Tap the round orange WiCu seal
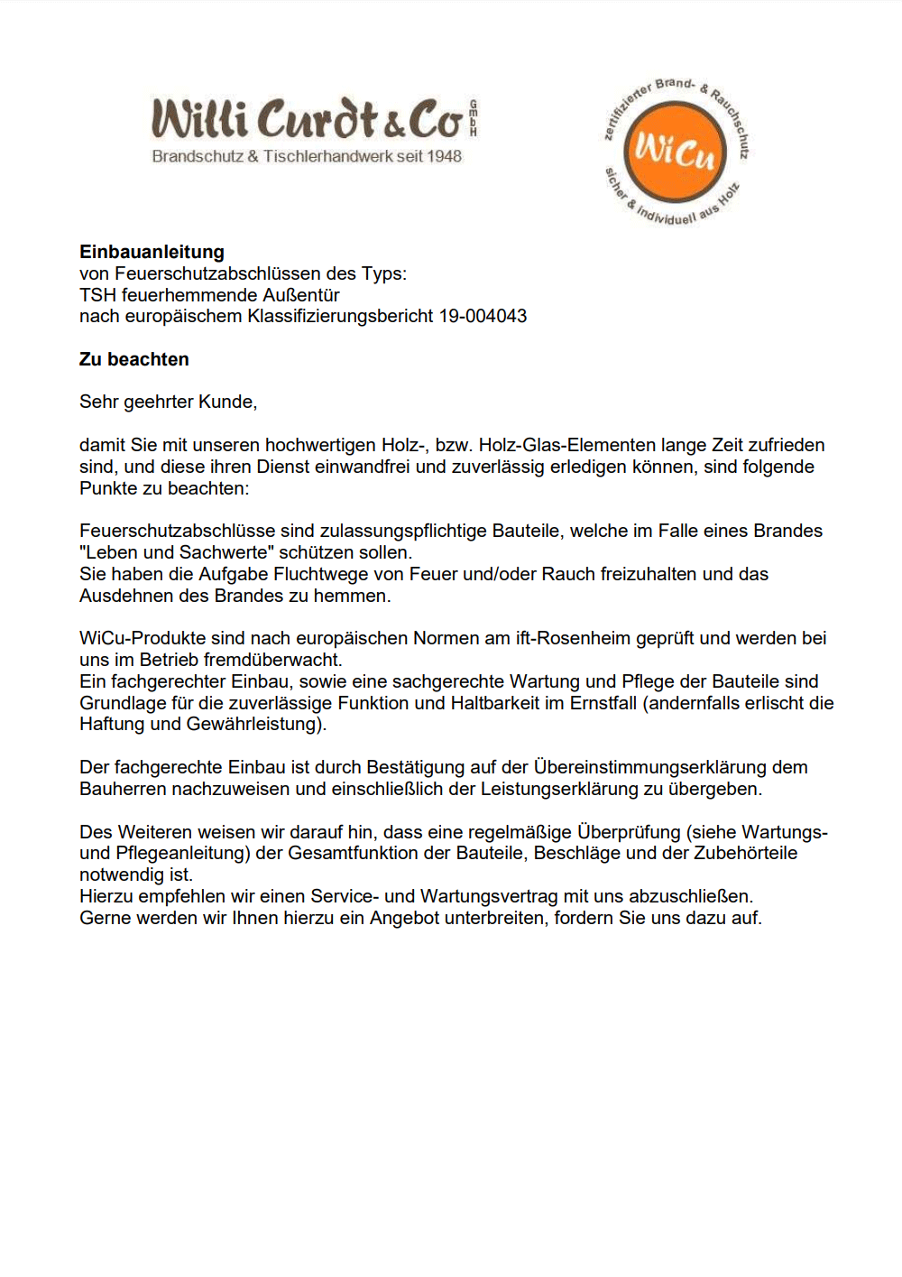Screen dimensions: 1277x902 [x=675, y=152]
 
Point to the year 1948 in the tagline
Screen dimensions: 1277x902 [x=444, y=156]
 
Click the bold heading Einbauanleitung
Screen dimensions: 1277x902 [x=152, y=252]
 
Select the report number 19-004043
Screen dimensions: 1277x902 [x=483, y=316]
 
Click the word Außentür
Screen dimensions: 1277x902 [x=300, y=295]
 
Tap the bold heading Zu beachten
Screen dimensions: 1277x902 [x=134, y=359]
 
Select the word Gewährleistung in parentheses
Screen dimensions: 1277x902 [x=256, y=724]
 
